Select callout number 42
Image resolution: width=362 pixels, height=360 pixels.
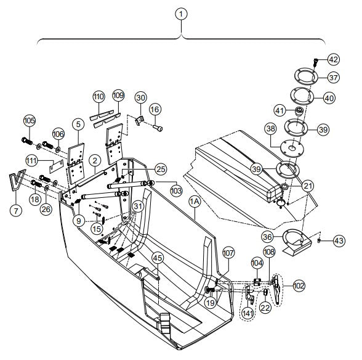coord(333,60)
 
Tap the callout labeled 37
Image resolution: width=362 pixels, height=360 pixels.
coord(333,78)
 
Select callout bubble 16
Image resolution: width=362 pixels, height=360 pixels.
coord(155,108)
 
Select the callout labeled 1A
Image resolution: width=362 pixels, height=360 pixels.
coord(195,201)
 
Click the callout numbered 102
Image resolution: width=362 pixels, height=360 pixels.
coord(299,285)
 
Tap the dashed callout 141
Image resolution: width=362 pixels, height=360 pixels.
coord(247,314)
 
